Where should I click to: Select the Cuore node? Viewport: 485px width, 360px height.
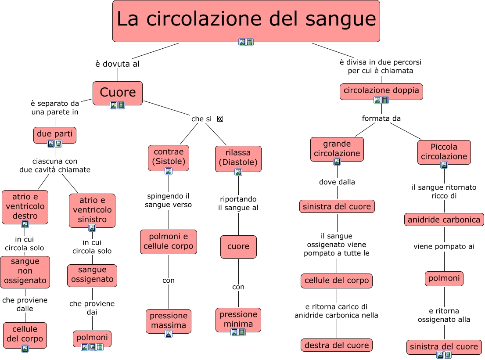118,92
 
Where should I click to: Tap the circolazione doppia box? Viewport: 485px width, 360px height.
381,91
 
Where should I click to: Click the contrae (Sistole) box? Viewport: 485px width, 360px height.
169,157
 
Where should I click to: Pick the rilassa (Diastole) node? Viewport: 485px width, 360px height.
238,158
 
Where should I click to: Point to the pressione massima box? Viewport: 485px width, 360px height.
169,320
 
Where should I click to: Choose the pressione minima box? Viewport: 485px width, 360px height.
238,319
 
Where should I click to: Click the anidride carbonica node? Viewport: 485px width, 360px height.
444,220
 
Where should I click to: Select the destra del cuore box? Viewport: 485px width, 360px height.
337,345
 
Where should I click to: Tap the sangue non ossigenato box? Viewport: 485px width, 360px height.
25,271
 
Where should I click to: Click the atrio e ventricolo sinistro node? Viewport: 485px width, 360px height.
92,209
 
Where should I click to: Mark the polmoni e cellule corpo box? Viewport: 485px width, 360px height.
169,241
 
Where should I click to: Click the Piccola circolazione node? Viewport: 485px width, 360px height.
444,151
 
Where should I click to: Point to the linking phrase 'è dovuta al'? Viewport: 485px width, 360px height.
117,64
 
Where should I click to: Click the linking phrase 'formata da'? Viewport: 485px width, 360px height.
381,119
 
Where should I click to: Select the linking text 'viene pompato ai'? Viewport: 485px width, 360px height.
444,247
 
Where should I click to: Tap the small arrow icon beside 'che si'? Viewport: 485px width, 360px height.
220,119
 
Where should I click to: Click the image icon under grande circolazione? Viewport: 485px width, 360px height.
337,162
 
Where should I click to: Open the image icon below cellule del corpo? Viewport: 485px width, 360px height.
25,349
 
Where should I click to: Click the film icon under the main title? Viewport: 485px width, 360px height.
250,42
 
